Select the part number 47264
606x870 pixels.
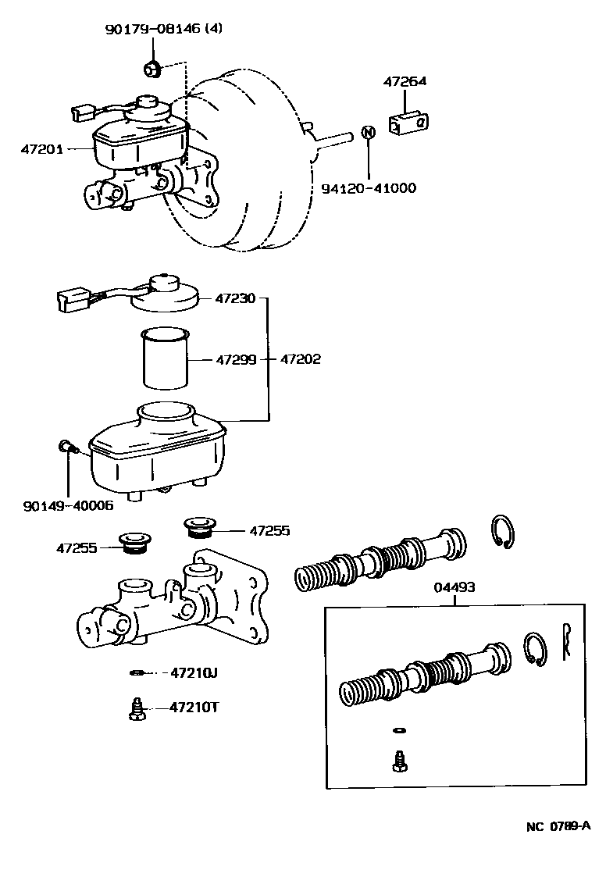pyautogui.click(x=405, y=81)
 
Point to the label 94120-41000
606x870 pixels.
pyautogui.click(x=369, y=188)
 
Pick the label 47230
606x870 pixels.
pyautogui.click(x=233, y=298)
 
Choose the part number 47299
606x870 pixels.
pyautogui.click(x=233, y=360)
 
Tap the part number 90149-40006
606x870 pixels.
pyautogui.click(x=69, y=505)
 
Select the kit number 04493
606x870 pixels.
pyautogui.click(x=457, y=587)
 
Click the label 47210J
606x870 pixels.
pyautogui.click(x=194, y=672)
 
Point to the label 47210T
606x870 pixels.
pyautogui.click(x=194, y=708)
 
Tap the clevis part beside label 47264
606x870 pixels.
pyautogui.click(x=409, y=123)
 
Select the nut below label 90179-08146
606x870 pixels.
pyautogui.click(x=152, y=70)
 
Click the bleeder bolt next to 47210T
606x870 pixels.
pyautogui.click(x=134, y=709)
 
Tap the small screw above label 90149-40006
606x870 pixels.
pyautogui.click(x=66, y=447)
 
